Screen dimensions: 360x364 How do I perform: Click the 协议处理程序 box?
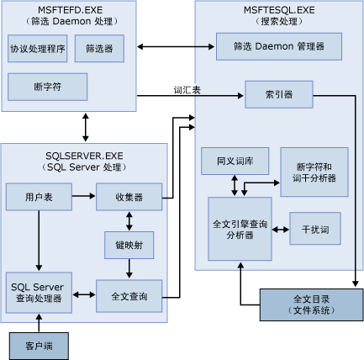click(x=37, y=49)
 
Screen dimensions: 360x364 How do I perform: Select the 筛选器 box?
click(x=99, y=49)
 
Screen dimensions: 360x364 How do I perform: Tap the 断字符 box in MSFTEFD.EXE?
click(x=37, y=86)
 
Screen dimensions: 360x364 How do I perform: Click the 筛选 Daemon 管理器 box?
click(x=278, y=46)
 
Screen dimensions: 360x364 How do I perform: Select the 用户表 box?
click(x=37, y=197)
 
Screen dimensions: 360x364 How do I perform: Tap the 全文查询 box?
click(x=129, y=296)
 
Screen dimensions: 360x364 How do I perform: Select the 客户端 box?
click(x=38, y=345)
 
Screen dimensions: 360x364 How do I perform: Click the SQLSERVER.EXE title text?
click(x=84, y=155)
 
